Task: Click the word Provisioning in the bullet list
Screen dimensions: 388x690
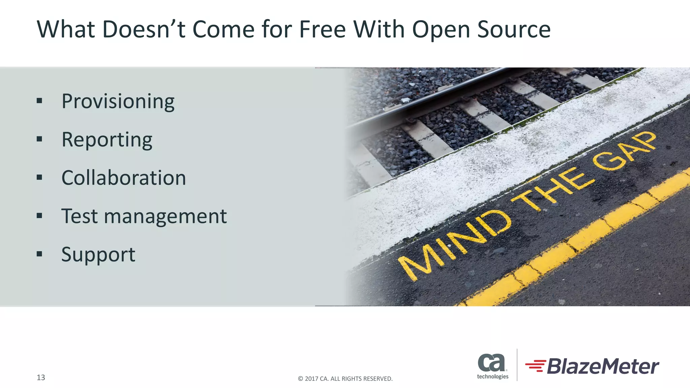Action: pos(118,101)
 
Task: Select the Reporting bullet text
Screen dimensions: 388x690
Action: pos(107,140)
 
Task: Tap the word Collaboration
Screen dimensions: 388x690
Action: pos(124,178)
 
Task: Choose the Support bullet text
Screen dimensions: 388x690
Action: pos(98,254)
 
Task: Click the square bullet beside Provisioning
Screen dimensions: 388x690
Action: pos(39,101)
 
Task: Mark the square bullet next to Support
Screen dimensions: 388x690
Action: pos(39,254)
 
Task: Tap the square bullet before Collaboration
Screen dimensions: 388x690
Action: pos(39,177)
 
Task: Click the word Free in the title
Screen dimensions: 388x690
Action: pos(322,29)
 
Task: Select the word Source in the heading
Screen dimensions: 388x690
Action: pos(514,29)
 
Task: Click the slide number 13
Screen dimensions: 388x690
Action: pos(41,378)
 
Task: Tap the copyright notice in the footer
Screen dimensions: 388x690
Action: pos(345,379)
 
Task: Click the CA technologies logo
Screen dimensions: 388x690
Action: pos(492,366)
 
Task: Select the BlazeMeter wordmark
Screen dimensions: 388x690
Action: pos(603,366)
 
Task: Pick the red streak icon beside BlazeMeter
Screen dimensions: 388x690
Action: pos(536,366)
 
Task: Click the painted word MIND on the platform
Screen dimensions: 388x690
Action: pos(455,246)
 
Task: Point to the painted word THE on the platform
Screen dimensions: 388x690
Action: pos(553,189)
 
